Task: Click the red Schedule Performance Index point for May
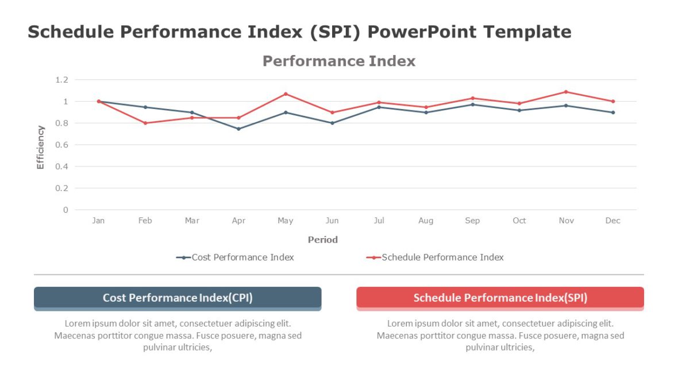pos(286,94)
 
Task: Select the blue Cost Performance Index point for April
pos(238,129)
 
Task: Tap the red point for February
pos(145,123)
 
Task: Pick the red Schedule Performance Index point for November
pos(566,92)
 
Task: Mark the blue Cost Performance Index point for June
pos(332,123)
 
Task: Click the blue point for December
pos(613,112)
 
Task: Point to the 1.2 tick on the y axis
pos(61,80)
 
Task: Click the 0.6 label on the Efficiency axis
pos(61,145)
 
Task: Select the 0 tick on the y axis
pos(66,210)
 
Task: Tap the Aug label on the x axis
pos(426,221)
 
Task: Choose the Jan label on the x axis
pos(98,221)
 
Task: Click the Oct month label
pos(519,221)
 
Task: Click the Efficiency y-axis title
pos(40,147)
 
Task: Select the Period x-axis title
pos(322,240)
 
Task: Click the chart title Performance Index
pos(338,61)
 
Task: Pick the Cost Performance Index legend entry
pos(236,258)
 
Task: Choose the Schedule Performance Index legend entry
pos(435,258)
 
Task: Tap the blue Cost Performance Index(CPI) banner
pos(178,298)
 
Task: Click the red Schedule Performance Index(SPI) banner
pos(500,298)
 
